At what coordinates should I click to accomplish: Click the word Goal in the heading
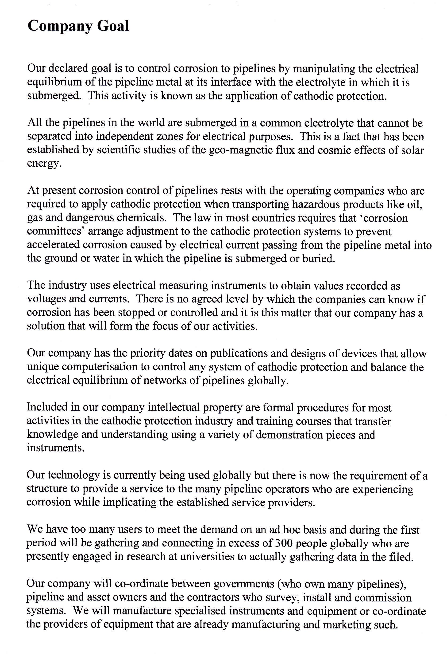113,26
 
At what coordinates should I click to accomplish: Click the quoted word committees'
56,232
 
